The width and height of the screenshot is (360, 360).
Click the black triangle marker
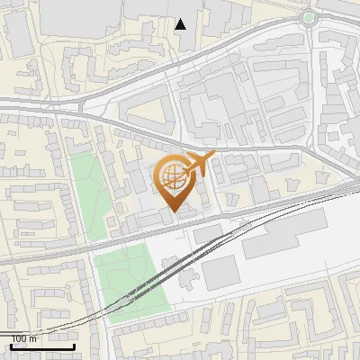181,24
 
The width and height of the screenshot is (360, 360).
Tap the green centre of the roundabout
310,18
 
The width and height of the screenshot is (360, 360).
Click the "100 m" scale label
24,338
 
